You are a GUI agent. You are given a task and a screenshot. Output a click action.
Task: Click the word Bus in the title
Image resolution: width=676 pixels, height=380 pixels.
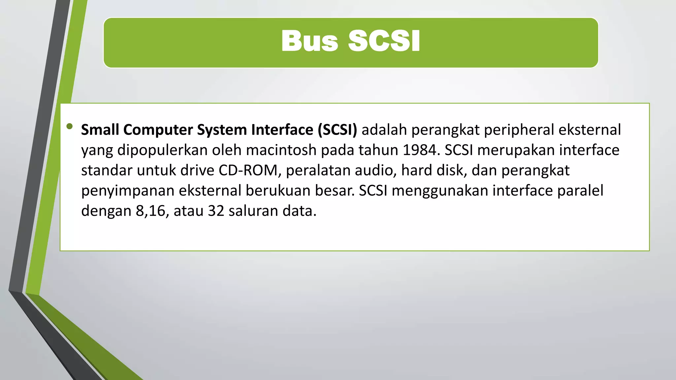pos(309,41)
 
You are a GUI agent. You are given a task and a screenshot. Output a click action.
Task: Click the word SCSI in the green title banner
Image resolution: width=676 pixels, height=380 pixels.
pos(384,41)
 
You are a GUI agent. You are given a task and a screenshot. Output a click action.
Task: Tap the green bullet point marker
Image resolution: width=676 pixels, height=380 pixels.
pos(69,126)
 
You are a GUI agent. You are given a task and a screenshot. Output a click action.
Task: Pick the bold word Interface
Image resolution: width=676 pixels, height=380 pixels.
pos(282,130)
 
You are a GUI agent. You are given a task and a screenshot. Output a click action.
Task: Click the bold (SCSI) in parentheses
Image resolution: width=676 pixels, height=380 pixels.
pos(337,130)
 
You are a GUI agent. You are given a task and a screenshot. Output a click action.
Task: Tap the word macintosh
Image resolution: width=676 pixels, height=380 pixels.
pos(281,150)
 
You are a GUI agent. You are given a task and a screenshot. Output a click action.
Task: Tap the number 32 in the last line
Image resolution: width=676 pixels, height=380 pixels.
pos(216,211)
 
